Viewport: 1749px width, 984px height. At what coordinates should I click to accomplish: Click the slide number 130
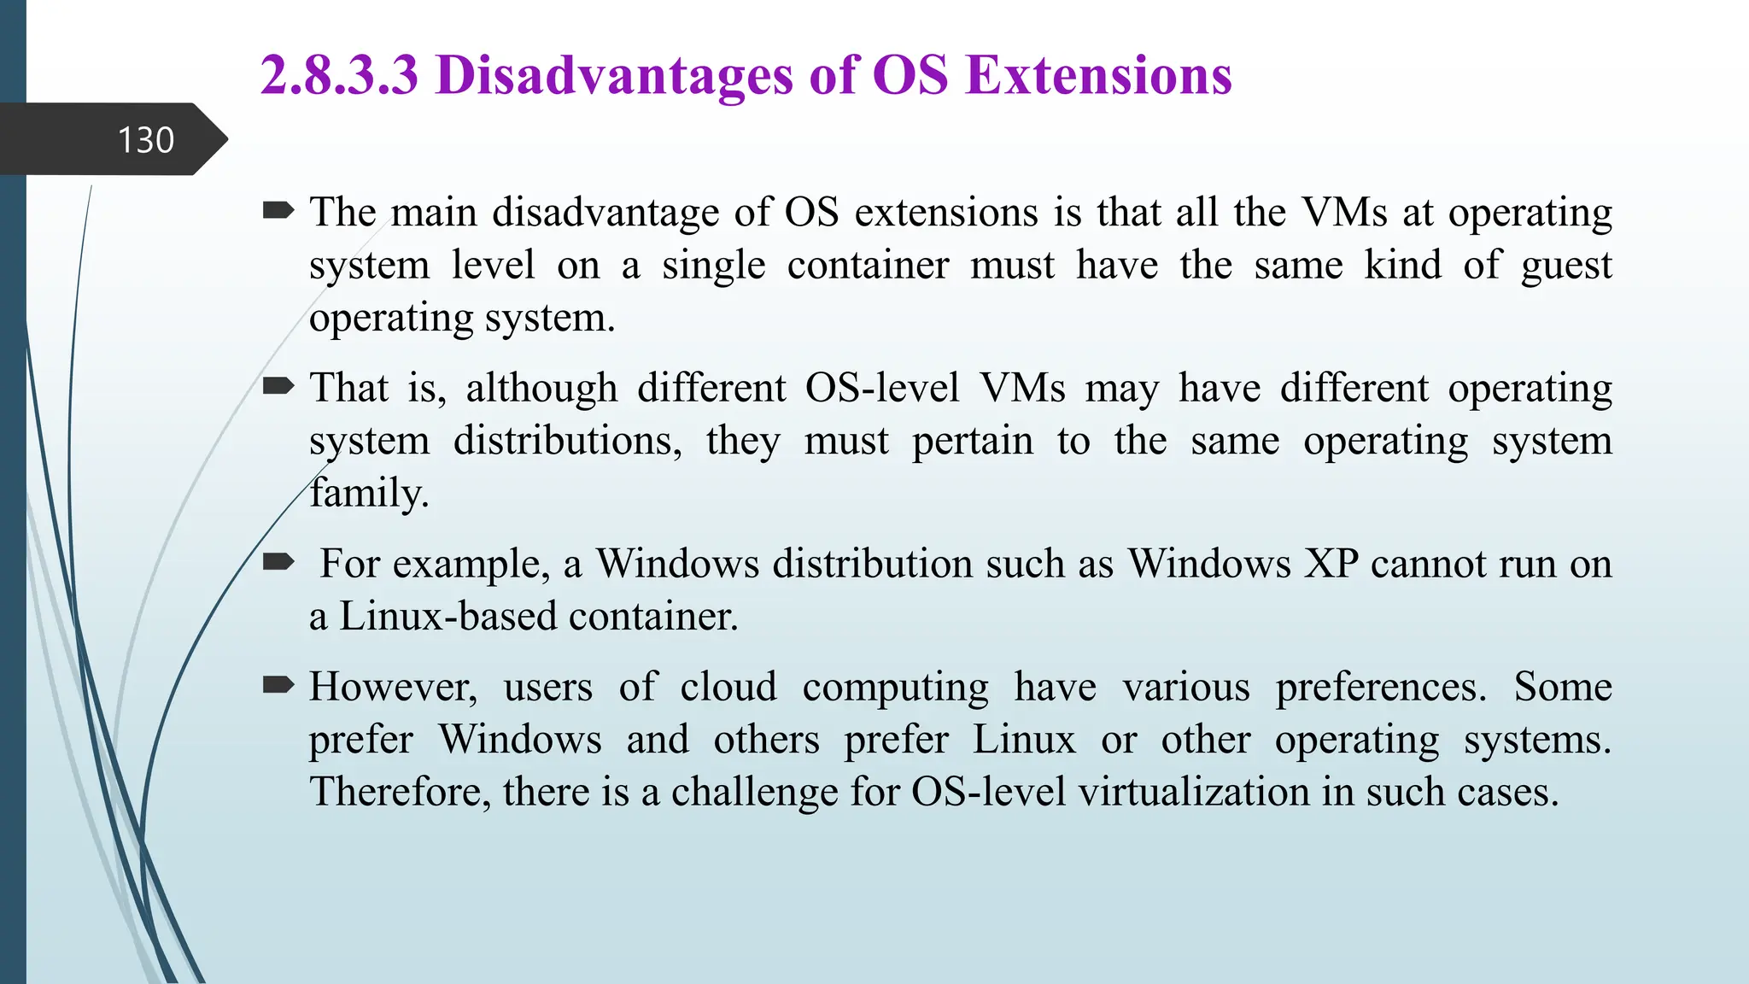click(x=146, y=140)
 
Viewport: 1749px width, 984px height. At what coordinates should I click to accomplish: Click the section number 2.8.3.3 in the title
click(x=339, y=75)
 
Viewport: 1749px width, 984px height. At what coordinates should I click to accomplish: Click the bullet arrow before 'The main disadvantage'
click(x=278, y=210)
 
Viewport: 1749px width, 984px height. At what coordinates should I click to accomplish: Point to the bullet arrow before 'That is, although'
click(x=278, y=387)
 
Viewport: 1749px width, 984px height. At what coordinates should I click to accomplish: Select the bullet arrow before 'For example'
click(x=278, y=562)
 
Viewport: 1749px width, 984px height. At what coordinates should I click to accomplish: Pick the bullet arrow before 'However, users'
click(x=278, y=685)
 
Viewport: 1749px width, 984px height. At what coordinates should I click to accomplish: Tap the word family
click(x=368, y=493)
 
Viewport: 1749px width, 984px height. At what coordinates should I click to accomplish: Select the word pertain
click(x=972, y=442)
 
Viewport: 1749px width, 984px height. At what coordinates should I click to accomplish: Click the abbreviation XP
click(x=1330, y=564)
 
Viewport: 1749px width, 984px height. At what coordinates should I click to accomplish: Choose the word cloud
click(x=728, y=687)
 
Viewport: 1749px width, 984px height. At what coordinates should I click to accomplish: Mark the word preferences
click(x=1381, y=687)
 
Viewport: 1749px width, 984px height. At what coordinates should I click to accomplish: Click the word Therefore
click(x=400, y=792)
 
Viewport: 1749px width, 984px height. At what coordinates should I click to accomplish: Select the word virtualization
click(x=1194, y=792)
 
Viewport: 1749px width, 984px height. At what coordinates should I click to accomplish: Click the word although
click(x=541, y=388)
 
